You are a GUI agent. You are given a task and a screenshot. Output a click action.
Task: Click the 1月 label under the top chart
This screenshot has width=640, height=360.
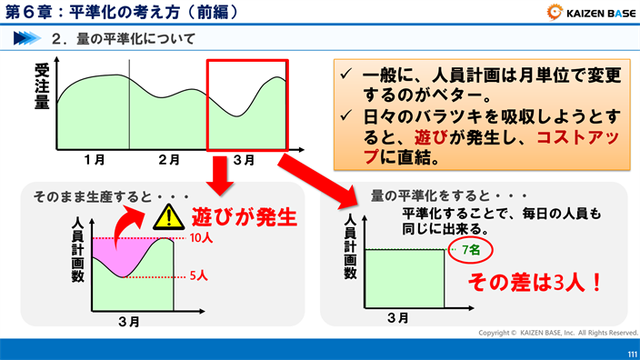coord(94,160)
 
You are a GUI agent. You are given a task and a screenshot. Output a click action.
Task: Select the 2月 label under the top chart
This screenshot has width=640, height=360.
coord(168,160)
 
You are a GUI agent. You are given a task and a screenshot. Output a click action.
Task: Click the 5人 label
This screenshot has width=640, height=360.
coord(200,274)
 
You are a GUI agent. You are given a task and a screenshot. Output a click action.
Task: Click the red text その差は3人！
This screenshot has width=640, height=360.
coord(534,283)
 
